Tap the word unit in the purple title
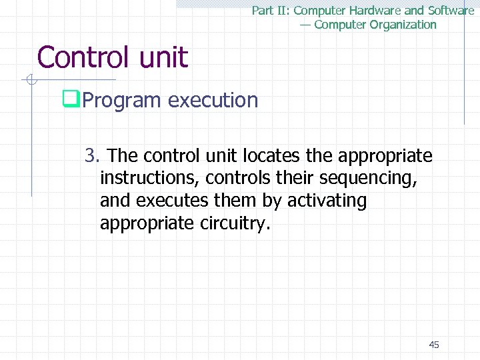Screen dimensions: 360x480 click(164, 57)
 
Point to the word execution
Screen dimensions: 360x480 click(213, 100)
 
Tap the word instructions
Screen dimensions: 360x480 click(150, 178)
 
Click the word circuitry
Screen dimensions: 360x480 click(235, 223)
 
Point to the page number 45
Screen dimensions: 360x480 click(434, 345)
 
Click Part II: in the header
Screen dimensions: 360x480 click(271, 11)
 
